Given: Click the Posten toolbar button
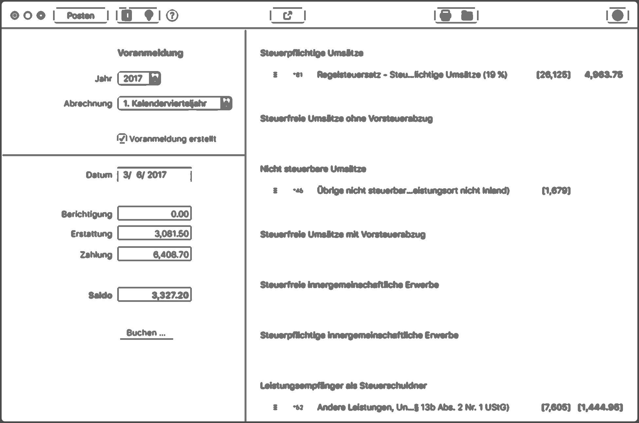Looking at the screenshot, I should click(x=81, y=15).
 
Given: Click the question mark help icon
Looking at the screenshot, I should click(x=172, y=15).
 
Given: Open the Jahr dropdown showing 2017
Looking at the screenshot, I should click(x=139, y=79).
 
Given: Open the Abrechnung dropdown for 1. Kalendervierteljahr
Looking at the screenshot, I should click(x=175, y=103).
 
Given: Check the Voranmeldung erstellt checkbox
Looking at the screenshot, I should click(x=122, y=138).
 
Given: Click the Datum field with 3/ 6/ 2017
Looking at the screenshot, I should click(x=154, y=175).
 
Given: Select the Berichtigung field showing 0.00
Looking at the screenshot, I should click(x=155, y=214).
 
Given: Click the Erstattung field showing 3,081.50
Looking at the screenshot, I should click(x=155, y=233).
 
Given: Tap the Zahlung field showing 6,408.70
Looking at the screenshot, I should click(x=155, y=254).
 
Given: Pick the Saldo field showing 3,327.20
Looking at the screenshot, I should click(x=155, y=295).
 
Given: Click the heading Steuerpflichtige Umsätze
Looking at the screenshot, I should click(x=311, y=53).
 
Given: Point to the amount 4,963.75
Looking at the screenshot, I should click(x=603, y=75).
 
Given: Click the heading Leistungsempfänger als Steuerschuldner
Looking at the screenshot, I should click(x=343, y=386).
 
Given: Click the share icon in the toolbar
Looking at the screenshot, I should click(x=287, y=15).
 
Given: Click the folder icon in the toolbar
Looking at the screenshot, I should click(x=467, y=15).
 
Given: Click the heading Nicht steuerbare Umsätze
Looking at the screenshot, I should click(x=313, y=169).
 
